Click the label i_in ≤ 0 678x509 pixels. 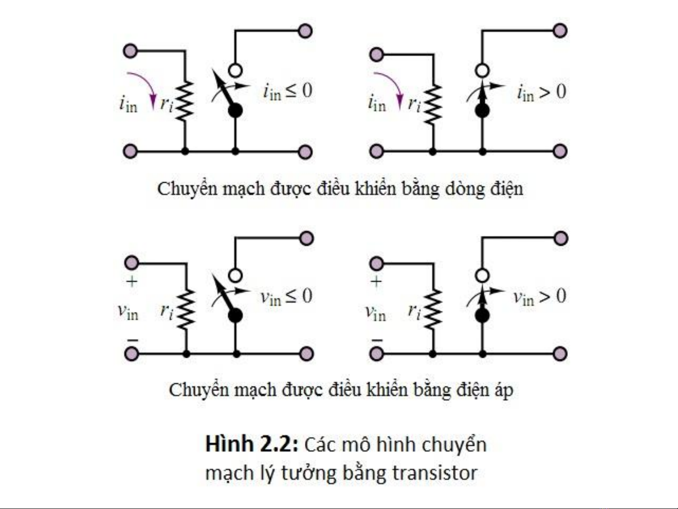287,91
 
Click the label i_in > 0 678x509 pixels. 541,92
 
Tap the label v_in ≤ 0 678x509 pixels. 286,296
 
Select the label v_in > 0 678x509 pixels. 539,297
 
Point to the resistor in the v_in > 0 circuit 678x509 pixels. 433,309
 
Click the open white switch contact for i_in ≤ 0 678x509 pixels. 235,71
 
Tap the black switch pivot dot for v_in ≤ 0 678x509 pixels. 235,315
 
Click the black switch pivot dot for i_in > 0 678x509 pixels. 482,111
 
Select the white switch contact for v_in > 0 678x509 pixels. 482,275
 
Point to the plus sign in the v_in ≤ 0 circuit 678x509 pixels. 132,282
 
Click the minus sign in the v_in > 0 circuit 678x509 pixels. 377,339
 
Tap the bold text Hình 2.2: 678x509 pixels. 252,444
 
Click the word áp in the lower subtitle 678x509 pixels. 503,390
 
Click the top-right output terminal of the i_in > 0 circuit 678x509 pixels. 560,31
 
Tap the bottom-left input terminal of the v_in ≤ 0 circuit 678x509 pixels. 131,353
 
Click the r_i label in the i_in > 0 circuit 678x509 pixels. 415,103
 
